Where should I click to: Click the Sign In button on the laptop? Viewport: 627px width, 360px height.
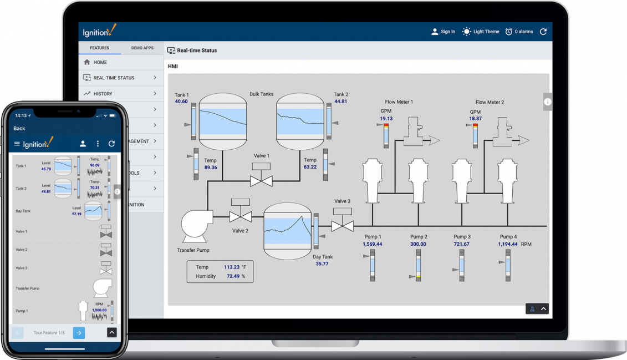click(443, 32)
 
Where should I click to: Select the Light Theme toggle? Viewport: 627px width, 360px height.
click(481, 32)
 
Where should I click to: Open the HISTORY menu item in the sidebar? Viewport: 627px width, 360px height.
click(103, 94)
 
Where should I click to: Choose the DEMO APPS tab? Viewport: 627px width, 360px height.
click(142, 48)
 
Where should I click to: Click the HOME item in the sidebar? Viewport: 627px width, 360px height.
click(100, 62)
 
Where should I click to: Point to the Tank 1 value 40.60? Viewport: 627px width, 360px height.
click(181, 102)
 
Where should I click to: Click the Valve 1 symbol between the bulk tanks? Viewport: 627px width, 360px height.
click(261, 180)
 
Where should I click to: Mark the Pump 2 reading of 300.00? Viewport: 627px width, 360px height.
click(418, 244)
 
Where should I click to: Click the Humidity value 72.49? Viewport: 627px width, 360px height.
click(232, 276)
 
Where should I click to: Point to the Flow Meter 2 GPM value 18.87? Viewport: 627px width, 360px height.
click(476, 119)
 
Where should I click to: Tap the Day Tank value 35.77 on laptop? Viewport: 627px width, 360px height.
click(322, 263)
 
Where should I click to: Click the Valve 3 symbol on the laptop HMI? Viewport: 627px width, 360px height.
click(342, 225)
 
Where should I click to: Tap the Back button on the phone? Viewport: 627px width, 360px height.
click(19, 128)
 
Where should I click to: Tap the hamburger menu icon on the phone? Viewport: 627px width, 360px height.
click(17, 144)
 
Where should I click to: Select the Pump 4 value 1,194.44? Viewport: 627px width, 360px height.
click(508, 244)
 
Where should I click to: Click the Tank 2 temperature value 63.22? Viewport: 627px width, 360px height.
click(310, 167)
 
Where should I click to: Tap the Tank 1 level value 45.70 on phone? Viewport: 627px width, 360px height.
click(46, 169)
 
